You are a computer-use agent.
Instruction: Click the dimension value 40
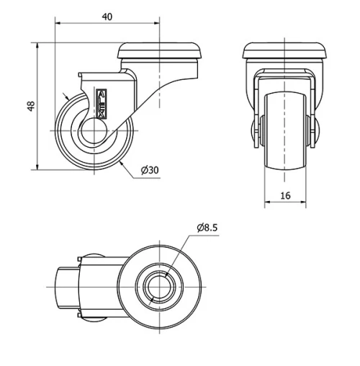(x=107, y=16)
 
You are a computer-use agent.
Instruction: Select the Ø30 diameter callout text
(x=150, y=170)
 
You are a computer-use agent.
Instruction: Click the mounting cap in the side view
(x=160, y=52)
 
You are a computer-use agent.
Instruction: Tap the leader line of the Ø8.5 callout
(x=183, y=248)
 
